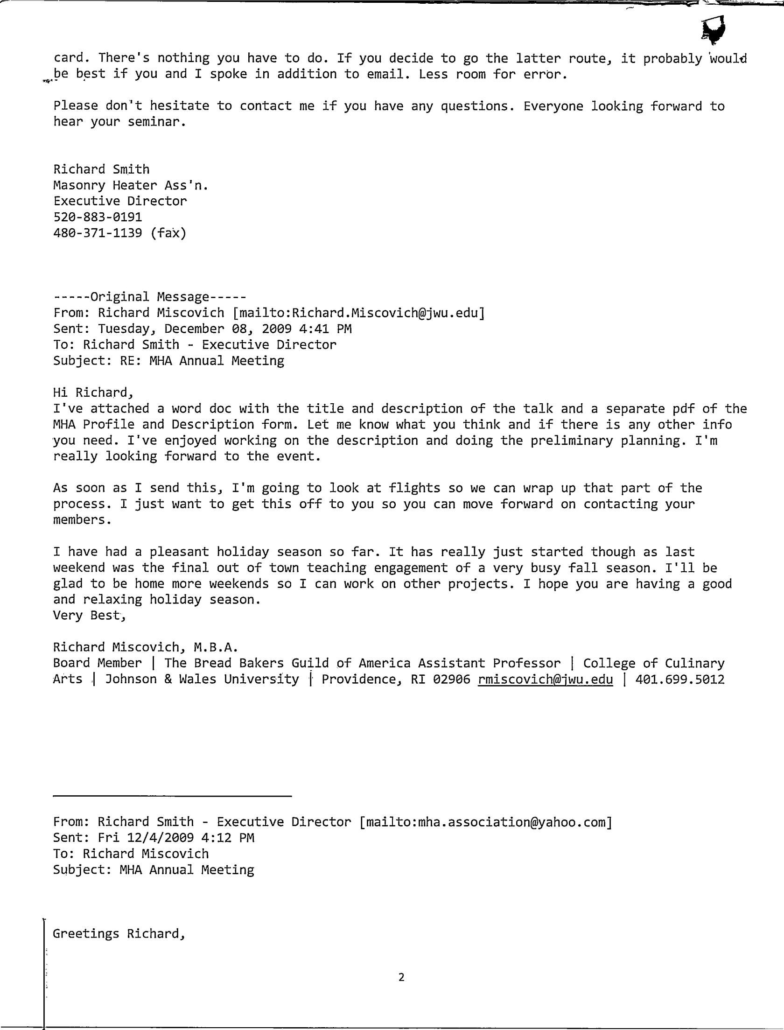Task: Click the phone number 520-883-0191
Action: coord(98,217)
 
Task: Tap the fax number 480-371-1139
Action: coord(98,233)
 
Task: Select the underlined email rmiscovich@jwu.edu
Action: coord(545,680)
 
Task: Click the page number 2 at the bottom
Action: coord(401,977)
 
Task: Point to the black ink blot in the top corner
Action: coord(714,29)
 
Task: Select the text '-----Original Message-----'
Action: coord(149,297)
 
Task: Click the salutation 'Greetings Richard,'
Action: coord(119,934)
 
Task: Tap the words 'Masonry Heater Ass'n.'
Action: coord(131,186)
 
